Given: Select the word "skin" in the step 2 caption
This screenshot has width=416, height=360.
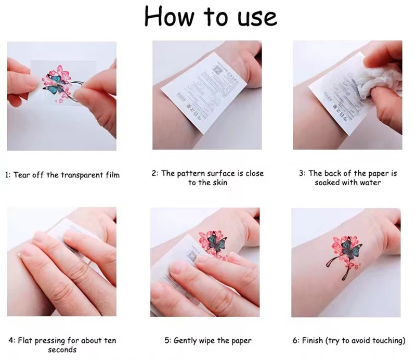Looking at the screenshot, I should (219, 183).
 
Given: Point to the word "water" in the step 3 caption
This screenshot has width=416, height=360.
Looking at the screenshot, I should (369, 183).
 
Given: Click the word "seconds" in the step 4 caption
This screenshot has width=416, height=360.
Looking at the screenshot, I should (62, 350).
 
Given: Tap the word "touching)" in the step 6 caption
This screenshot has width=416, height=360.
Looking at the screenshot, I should (386, 341).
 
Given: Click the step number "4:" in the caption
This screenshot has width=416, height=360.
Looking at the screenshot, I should (11, 341).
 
